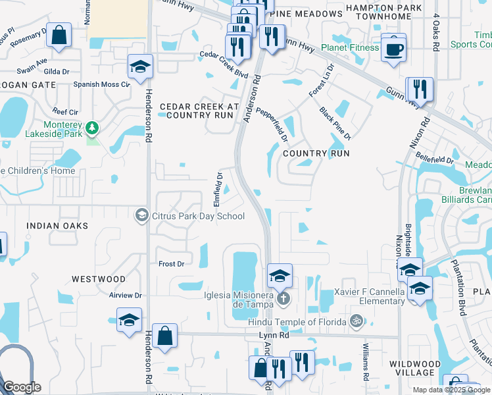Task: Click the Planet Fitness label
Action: (350, 47)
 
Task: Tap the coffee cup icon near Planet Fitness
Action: (393, 49)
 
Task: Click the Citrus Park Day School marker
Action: (141, 215)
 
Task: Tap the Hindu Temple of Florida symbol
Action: (357, 321)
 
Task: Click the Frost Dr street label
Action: (171, 263)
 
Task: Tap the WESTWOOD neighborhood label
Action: (99, 279)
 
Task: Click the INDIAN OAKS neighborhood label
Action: (57, 226)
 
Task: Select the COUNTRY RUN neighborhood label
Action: (315, 153)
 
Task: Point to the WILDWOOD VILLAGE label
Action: (415, 368)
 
